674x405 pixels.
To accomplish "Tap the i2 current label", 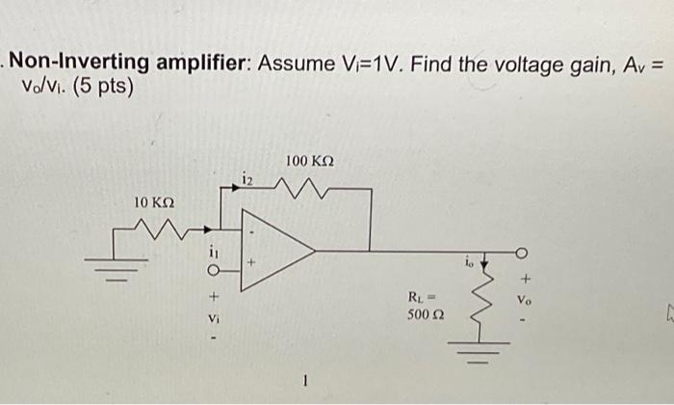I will point(246,177).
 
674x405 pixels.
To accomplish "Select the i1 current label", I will point(212,252).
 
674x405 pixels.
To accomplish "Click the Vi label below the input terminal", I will point(212,317).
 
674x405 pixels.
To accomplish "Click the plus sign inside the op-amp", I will point(254,260).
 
